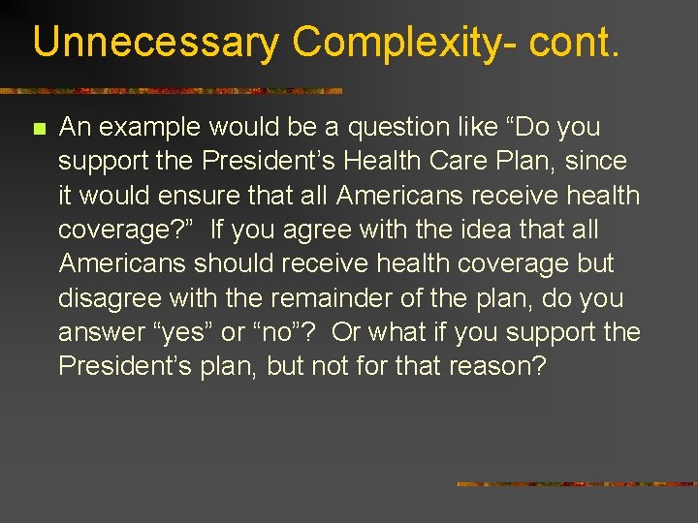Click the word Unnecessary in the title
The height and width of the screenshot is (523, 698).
[x=156, y=44]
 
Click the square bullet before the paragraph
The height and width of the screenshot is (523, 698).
[x=39, y=128]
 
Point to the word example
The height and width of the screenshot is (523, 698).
[x=146, y=127]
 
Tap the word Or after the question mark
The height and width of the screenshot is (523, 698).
[x=347, y=332]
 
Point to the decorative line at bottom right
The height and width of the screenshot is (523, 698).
[x=577, y=483]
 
